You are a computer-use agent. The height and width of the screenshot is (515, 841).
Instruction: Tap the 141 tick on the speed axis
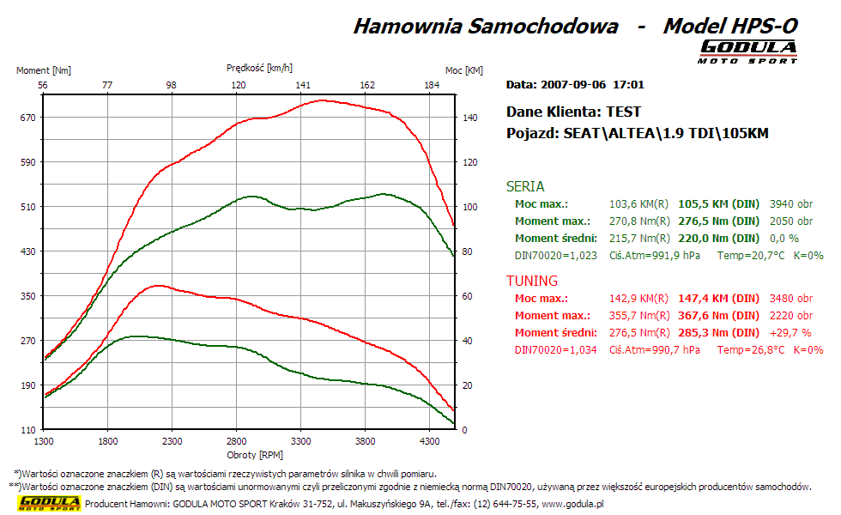[x=303, y=85]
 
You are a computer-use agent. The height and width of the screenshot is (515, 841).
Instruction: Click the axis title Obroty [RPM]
[x=255, y=454]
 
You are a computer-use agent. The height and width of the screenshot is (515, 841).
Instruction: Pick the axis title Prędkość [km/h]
[x=259, y=67]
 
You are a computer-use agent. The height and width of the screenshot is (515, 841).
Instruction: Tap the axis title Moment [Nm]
[x=44, y=70]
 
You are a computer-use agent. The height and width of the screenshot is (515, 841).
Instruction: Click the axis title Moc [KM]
[x=464, y=70]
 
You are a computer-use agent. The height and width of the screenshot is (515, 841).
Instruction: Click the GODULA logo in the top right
[x=748, y=51]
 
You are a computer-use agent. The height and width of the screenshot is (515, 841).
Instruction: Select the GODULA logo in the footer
[x=50, y=503]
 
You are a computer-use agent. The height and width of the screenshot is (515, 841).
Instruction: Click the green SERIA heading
[x=525, y=186]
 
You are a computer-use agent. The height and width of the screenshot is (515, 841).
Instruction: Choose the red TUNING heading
[x=532, y=281]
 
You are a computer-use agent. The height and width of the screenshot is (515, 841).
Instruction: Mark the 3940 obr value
[x=791, y=204]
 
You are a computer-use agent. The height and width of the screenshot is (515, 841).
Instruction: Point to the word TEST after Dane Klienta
[x=623, y=112]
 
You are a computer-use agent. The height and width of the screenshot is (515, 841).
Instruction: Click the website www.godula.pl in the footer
[x=572, y=504]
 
